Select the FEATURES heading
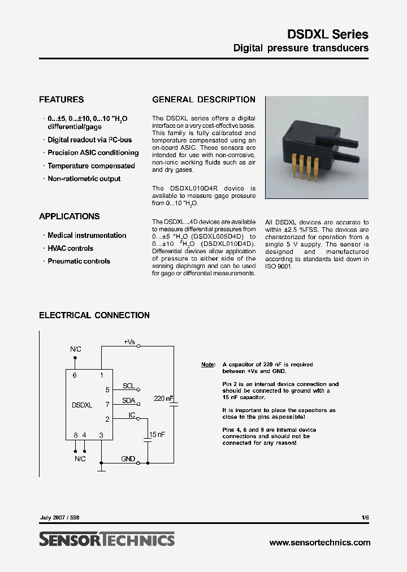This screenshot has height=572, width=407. point(61,99)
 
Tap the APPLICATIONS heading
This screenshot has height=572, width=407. point(69,216)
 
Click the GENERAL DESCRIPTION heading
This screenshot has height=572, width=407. point(203,99)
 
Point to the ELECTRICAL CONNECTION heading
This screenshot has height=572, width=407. point(94,315)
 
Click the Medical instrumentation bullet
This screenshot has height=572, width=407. point(86,235)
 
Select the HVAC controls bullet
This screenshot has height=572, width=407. point(70,248)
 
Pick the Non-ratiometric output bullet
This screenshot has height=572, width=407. point(84,179)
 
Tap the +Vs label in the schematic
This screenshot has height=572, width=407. point(129,342)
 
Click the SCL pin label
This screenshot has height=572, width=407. point(129,386)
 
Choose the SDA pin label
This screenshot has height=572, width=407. point(129,401)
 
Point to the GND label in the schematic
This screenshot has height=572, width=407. point(128,459)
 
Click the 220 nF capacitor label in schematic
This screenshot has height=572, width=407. point(163,399)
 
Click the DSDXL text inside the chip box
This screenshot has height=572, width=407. point(82,405)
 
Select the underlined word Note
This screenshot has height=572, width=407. point(207,365)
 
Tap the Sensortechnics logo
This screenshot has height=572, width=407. point(107,540)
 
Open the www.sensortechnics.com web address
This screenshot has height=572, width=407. point(320,543)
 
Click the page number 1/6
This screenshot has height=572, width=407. point(365,518)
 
